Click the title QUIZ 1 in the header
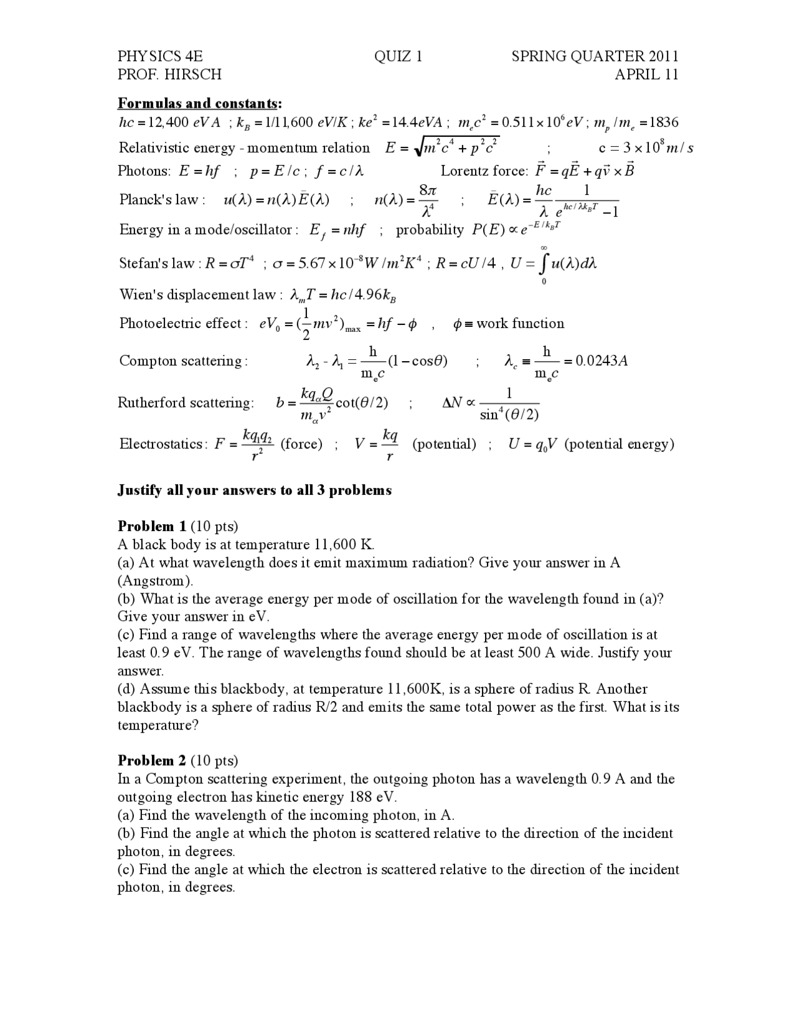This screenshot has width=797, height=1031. click(398, 57)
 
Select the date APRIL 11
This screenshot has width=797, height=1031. click(646, 75)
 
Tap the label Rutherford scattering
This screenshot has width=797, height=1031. click(186, 403)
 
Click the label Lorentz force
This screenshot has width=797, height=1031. click(484, 171)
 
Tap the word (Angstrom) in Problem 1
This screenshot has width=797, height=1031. click(155, 581)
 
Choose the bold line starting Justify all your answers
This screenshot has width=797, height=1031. click(255, 490)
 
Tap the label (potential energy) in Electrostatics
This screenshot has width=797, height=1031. click(619, 444)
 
